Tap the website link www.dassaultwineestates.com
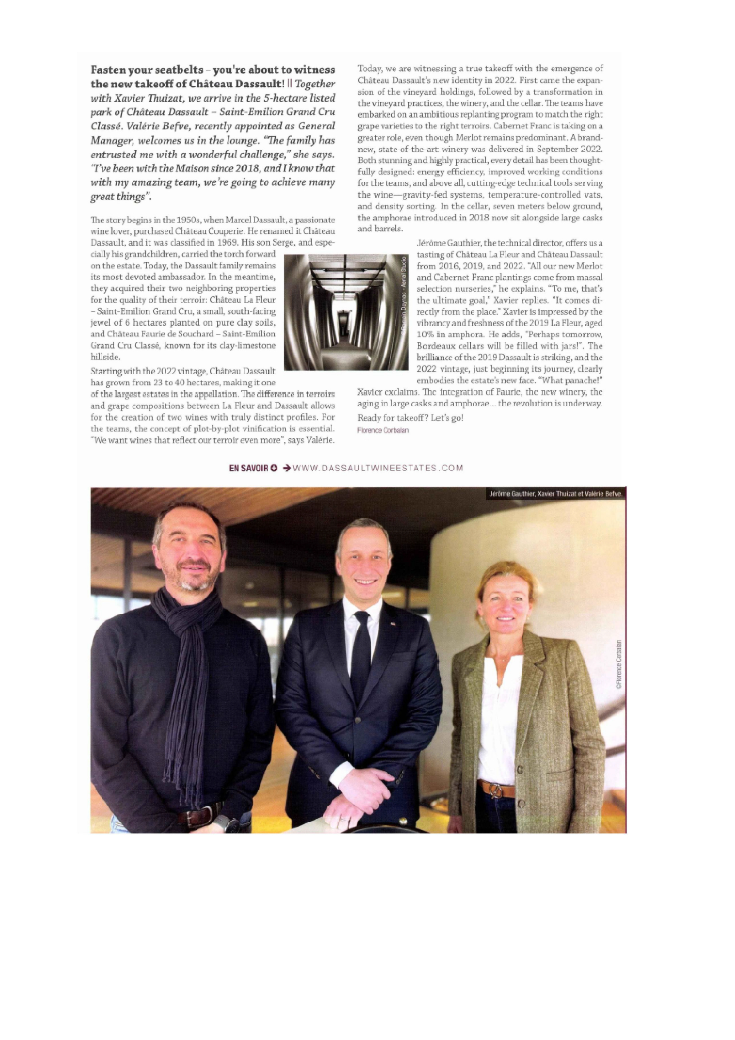(378, 468)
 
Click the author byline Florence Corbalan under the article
(383, 430)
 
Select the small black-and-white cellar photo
(346, 312)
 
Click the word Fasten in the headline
(109, 70)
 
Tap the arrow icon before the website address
(286, 468)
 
